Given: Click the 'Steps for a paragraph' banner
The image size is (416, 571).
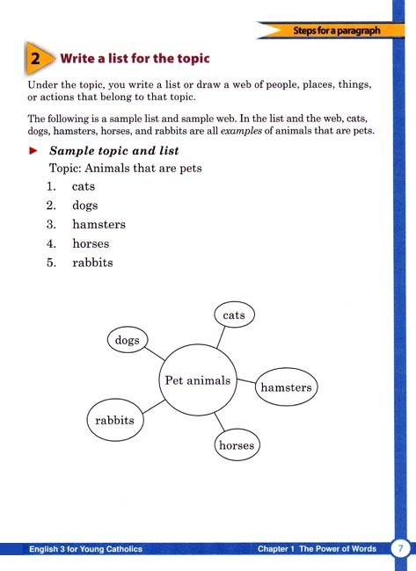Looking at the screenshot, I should (x=338, y=32).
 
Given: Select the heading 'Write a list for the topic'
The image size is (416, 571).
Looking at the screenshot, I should (x=135, y=60).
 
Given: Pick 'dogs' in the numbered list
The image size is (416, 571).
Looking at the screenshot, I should (x=86, y=206).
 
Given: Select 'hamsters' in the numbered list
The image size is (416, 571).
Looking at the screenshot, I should (x=99, y=225).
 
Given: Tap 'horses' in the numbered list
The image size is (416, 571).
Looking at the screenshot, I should (x=91, y=243).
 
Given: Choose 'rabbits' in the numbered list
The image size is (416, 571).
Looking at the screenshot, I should (x=93, y=263).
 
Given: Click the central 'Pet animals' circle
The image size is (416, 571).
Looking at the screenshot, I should (x=197, y=380).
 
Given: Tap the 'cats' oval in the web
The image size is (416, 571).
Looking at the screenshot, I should (x=234, y=314).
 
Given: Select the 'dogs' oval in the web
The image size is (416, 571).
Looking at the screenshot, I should (x=128, y=340).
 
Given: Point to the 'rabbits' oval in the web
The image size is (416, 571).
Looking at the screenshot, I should (x=114, y=420).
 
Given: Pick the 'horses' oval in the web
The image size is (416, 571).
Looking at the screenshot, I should (x=236, y=445).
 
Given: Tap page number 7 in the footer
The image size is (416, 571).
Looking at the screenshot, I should (x=402, y=548).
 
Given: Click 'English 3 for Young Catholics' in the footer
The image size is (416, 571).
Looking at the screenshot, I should (x=84, y=549).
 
